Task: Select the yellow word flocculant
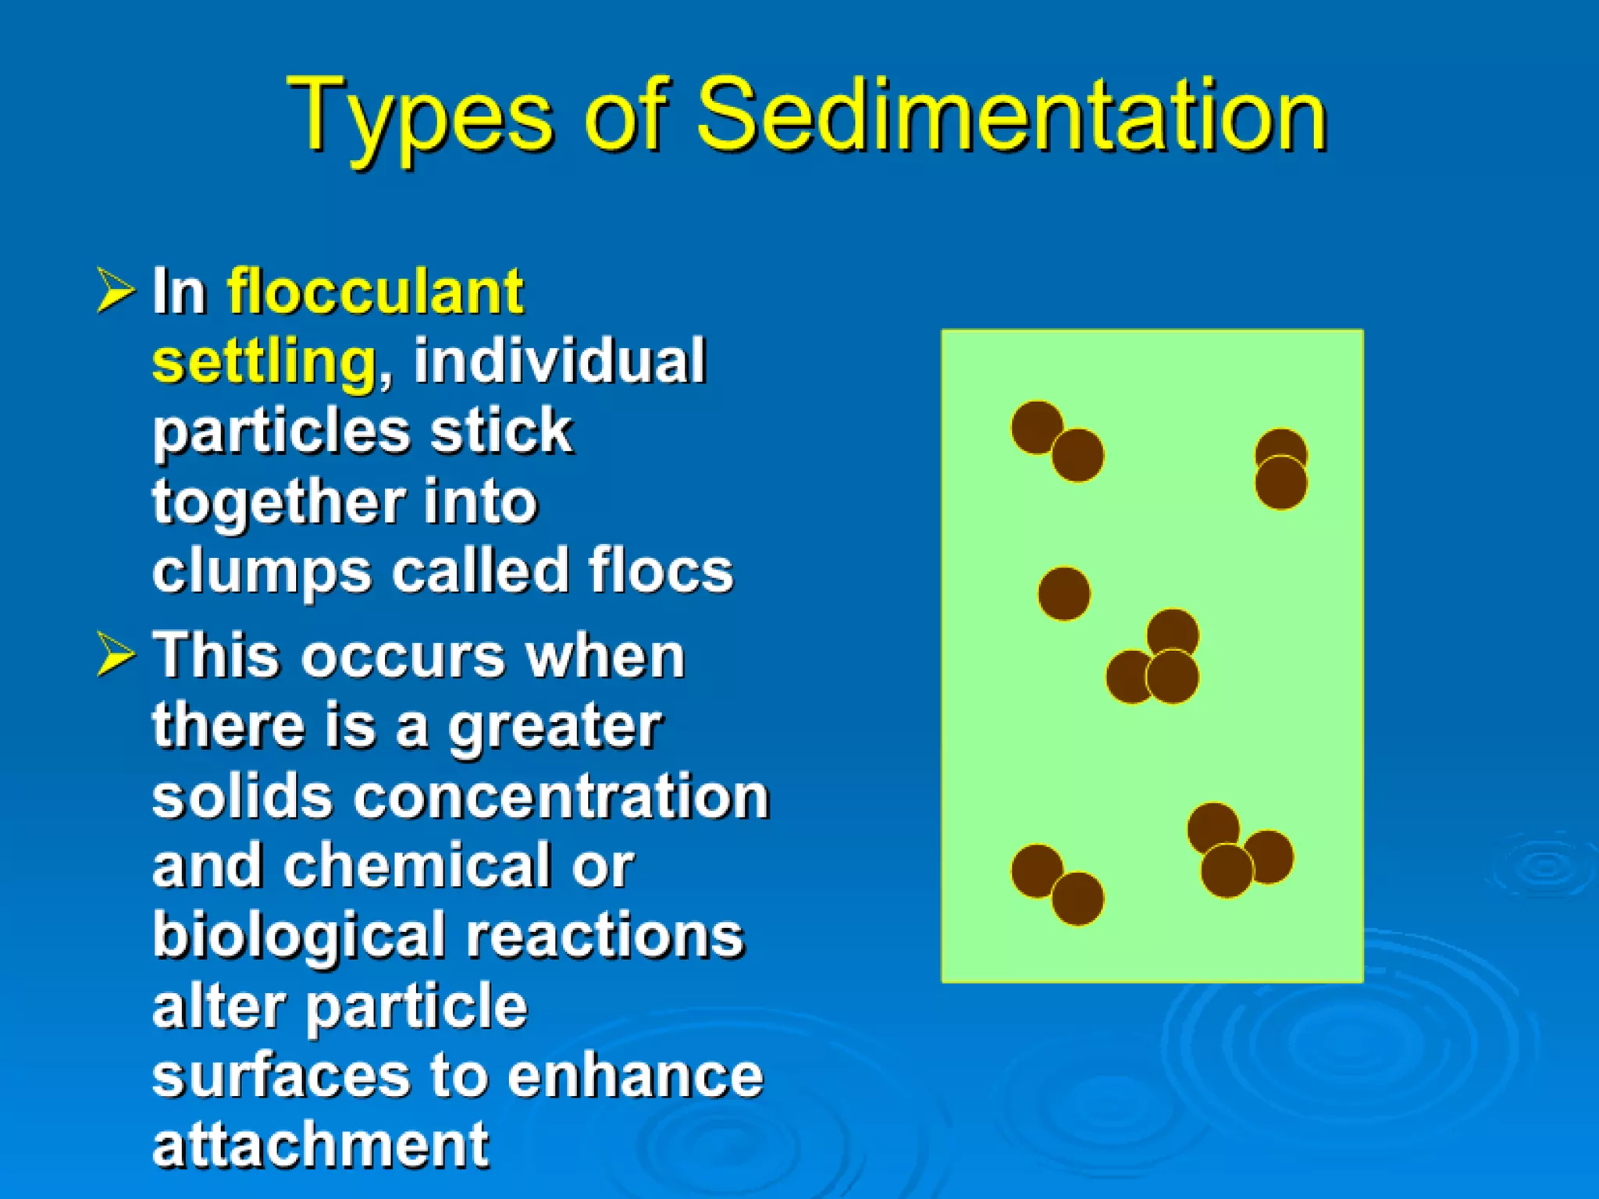tap(375, 291)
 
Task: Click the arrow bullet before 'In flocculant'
tap(116, 290)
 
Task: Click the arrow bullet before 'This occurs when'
tap(116, 654)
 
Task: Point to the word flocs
tap(661, 571)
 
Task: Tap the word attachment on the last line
tap(320, 1144)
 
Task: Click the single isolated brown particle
tap(1063, 593)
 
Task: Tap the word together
tap(278, 501)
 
